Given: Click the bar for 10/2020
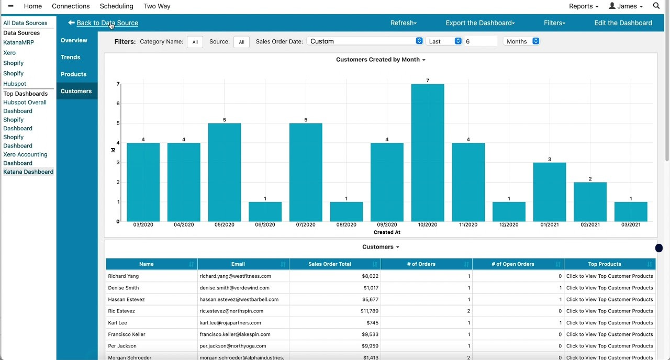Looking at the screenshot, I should [428, 152].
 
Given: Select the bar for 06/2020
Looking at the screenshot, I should [265, 211].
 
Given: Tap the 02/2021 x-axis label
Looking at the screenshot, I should [590, 224].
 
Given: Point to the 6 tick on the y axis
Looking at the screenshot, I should [118, 104].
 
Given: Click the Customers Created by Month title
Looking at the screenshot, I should [380, 60].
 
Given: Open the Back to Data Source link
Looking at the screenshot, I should [107, 23].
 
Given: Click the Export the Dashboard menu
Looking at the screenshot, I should [480, 23].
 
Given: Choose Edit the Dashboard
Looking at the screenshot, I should [623, 23].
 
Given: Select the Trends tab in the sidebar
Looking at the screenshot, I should [70, 57].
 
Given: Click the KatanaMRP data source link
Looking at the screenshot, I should [18, 42].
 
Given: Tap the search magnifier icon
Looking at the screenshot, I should [656, 6].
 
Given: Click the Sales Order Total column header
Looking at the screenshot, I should [330, 264].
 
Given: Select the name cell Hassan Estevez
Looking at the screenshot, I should [126, 299].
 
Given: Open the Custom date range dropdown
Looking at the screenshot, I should [366, 41].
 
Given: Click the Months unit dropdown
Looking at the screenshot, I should [521, 41].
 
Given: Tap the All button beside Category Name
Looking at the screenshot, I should [195, 42].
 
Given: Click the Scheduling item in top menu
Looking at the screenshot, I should [116, 6].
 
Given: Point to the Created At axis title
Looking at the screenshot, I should [387, 232].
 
